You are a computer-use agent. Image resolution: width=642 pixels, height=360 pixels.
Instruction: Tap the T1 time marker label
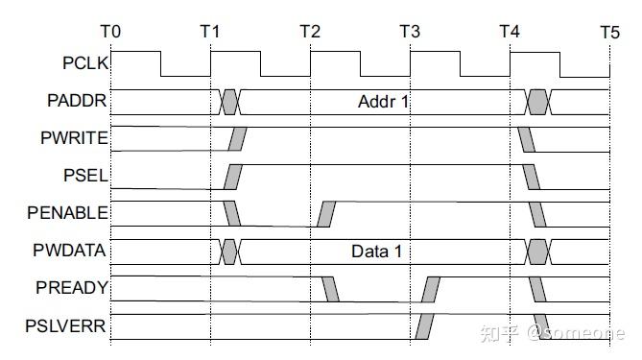coord(210,32)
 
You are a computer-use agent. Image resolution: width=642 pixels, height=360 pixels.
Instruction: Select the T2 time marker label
coord(310,32)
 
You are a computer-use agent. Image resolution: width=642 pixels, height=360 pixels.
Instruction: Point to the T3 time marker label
coord(410,32)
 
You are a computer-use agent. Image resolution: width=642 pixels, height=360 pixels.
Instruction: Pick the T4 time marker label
coord(510,32)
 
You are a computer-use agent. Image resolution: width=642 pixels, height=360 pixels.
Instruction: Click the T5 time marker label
coord(609,32)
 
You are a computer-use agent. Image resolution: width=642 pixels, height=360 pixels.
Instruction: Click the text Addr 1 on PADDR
coord(384,101)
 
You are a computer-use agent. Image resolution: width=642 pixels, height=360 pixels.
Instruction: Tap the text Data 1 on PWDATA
coord(376,253)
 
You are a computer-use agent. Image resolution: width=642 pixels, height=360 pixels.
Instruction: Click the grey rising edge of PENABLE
coord(326,214)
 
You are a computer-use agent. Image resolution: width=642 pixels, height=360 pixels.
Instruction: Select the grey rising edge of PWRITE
coord(236,139)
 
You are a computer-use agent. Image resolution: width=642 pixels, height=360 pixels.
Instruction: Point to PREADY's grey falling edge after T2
coord(331,289)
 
